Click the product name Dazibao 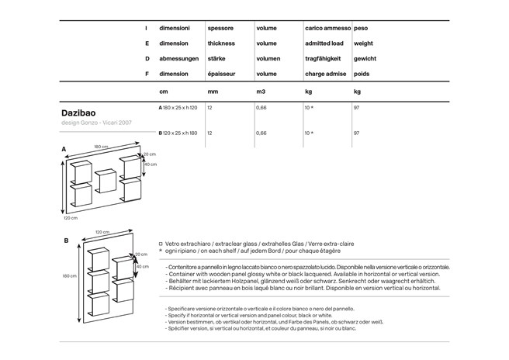(78, 112)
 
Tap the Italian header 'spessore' (220, 28)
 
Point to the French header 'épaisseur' (221, 74)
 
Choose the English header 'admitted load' (324, 43)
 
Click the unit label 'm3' (261, 92)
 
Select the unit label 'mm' (212, 92)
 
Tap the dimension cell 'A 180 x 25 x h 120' (178, 108)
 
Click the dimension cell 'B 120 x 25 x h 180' (178, 133)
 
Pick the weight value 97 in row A (356, 108)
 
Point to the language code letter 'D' (147, 58)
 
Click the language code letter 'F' (147, 74)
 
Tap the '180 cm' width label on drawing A (101, 147)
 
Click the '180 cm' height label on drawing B (69, 275)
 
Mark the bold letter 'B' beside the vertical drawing (66, 241)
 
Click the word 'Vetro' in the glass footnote (173, 243)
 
